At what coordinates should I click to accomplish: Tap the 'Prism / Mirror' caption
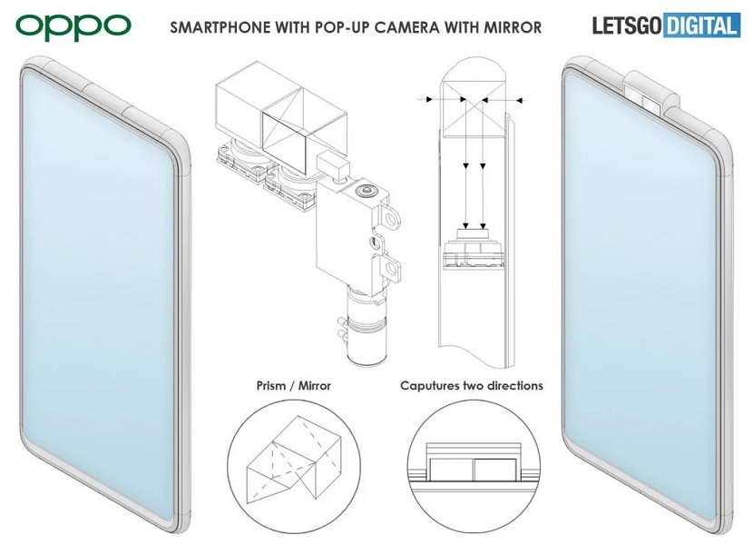[x=294, y=386]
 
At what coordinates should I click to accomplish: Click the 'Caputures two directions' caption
[x=472, y=386]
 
